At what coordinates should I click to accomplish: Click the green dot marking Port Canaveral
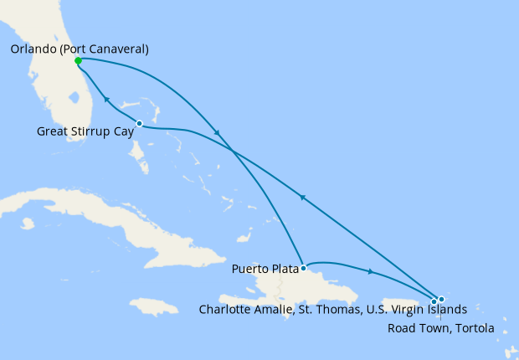(78, 60)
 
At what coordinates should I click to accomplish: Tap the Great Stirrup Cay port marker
(139, 124)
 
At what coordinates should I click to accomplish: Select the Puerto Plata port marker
(302, 269)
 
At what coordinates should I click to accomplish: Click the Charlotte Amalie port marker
(434, 301)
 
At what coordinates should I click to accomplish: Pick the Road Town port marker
(441, 299)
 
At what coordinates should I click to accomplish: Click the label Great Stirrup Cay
(85, 131)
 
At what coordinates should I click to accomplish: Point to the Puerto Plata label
(265, 270)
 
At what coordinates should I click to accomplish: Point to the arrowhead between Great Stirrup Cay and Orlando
(106, 99)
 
